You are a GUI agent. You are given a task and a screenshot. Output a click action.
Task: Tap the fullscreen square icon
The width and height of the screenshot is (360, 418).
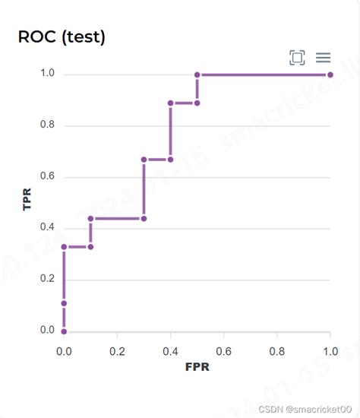(297, 58)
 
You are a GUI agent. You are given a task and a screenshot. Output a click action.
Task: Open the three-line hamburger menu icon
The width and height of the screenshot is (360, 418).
(323, 58)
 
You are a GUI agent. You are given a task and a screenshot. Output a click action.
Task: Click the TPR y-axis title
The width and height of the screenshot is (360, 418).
(27, 198)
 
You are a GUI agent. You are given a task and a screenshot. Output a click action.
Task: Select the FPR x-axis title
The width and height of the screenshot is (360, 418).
(197, 367)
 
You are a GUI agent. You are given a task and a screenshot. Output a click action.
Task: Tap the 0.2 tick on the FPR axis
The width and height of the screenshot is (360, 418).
(117, 351)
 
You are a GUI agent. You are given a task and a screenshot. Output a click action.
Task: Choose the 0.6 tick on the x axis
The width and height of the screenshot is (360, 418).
(223, 351)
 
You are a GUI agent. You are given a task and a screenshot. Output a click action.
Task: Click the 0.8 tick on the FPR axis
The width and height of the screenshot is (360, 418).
(276, 351)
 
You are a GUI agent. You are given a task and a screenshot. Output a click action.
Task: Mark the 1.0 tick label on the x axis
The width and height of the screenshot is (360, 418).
(330, 351)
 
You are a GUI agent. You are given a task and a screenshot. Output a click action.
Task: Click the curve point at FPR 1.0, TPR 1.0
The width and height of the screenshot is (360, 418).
(330, 75)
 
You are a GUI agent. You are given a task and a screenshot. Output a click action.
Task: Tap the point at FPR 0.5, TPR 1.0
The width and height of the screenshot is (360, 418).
(197, 75)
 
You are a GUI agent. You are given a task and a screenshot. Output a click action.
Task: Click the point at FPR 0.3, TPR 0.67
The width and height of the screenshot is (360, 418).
(144, 160)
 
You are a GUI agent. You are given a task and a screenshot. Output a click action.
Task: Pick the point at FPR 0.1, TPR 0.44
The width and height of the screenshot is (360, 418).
(90, 218)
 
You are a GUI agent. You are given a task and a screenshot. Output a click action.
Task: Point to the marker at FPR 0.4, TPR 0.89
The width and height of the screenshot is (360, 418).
(170, 103)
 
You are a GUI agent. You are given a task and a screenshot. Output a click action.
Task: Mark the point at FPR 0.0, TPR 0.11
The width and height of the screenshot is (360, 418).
(64, 303)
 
